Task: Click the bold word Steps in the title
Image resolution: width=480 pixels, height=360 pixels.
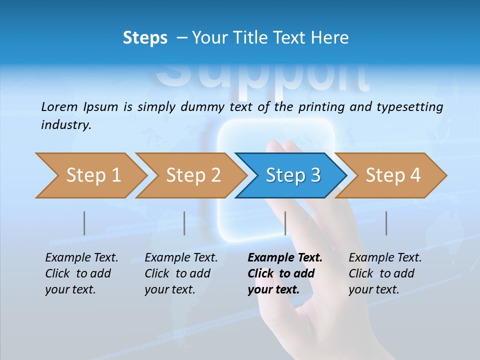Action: [145, 38]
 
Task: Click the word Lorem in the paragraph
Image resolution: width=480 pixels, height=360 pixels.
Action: [59, 106]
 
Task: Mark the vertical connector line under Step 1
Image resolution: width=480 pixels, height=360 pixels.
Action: [84, 223]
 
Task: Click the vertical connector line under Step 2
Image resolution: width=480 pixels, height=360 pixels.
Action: [184, 223]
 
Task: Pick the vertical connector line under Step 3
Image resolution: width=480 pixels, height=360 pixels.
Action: [285, 223]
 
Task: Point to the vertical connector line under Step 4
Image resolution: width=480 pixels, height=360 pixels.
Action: [386, 223]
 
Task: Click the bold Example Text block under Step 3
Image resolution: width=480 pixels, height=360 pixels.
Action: [285, 273]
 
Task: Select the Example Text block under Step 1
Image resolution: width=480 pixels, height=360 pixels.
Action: [81, 273]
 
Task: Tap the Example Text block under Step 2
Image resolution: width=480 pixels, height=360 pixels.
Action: [181, 273]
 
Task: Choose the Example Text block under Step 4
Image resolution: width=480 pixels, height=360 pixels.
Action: [385, 273]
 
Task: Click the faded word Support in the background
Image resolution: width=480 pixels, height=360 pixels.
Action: [262, 77]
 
